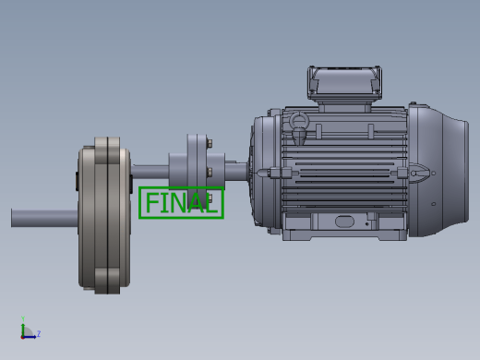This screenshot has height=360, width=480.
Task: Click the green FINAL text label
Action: pos(182,203)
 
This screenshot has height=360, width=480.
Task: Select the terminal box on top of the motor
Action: pos(344,83)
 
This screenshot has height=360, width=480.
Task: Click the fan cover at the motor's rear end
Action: pos(438,171)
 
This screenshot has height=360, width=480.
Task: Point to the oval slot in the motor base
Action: pos(344,222)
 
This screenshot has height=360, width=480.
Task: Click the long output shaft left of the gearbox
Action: pos(44,218)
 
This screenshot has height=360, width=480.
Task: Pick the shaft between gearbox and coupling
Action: pos(150,172)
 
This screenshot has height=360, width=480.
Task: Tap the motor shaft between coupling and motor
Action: pos(236,171)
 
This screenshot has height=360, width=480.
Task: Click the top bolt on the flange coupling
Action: pos(210,143)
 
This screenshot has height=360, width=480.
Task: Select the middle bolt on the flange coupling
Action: pos(210,173)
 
